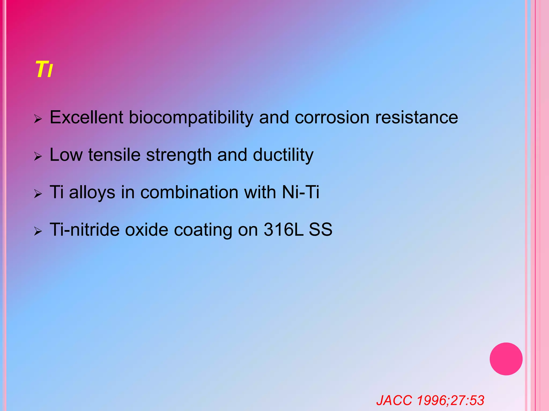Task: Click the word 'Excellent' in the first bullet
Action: (x=86, y=117)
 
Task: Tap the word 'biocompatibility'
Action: (x=191, y=118)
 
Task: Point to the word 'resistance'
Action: (x=417, y=117)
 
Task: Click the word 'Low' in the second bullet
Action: (x=66, y=155)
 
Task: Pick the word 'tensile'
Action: (x=114, y=155)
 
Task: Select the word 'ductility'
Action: (x=283, y=155)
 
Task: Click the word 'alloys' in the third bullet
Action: (x=92, y=193)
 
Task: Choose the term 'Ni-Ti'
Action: (x=301, y=192)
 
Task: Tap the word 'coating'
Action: (x=203, y=230)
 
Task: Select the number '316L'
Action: (x=284, y=230)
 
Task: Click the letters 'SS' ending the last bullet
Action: (x=320, y=230)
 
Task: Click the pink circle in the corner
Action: (x=506, y=359)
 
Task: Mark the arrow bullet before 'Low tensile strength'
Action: (x=38, y=156)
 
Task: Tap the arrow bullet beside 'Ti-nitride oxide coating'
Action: (x=38, y=231)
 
